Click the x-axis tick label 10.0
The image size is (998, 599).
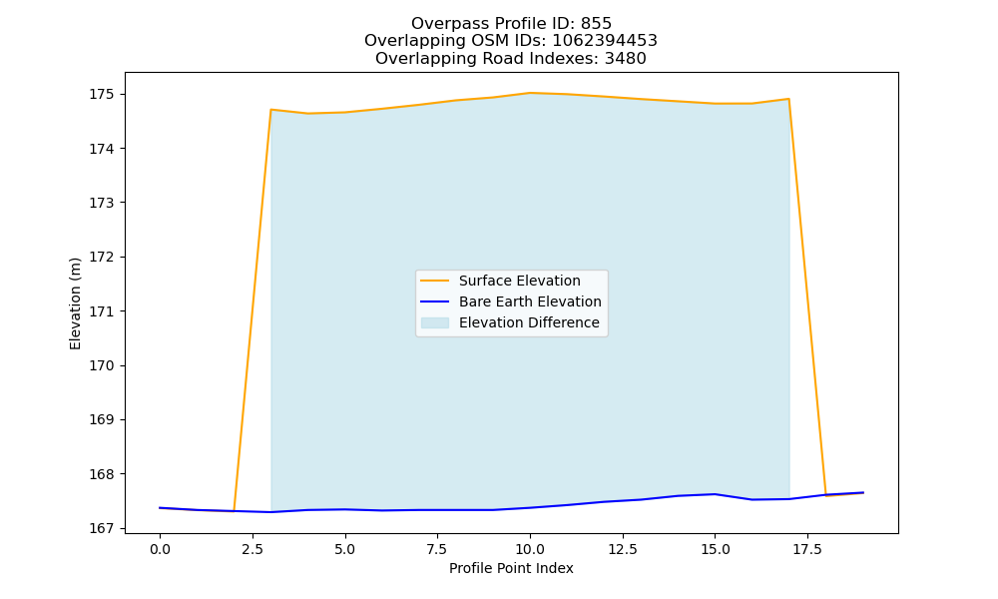point(530,549)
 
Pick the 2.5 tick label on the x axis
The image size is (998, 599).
point(252,549)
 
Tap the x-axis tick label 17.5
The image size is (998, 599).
point(807,549)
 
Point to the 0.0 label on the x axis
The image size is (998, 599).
point(160,549)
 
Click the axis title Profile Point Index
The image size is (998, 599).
point(511,568)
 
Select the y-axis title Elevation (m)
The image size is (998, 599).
point(75,303)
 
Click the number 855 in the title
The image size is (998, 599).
point(597,24)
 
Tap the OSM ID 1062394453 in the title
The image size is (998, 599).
point(605,41)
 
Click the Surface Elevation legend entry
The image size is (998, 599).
point(519,281)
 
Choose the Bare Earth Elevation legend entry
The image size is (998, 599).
point(530,301)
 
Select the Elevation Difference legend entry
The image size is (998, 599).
point(529,322)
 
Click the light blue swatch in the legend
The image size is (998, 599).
point(435,322)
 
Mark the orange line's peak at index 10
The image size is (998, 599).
point(530,93)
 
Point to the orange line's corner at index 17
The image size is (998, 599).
point(789,99)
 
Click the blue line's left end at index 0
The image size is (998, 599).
point(160,508)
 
